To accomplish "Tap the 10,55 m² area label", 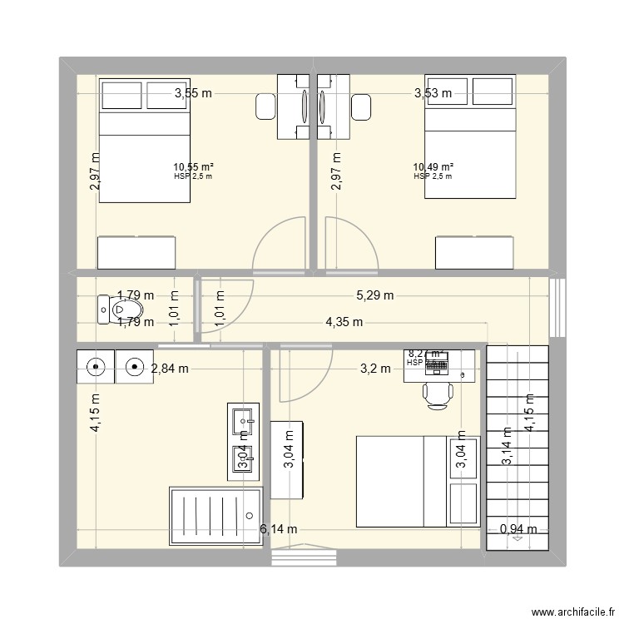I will (x=193, y=167).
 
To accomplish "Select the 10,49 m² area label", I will (x=433, y=167).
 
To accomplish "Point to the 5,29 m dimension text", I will (x=375, y=295).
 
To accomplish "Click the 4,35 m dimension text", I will (x=344, y=322).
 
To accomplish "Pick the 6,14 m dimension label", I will (x=279, y=529).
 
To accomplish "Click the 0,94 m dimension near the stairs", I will (x=518, y=529).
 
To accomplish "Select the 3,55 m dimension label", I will (x=193, y=94).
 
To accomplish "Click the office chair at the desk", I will (x=438, y=394).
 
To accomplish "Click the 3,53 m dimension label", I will (x=433, y=94).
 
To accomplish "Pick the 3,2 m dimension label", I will (x=375, y=369).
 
